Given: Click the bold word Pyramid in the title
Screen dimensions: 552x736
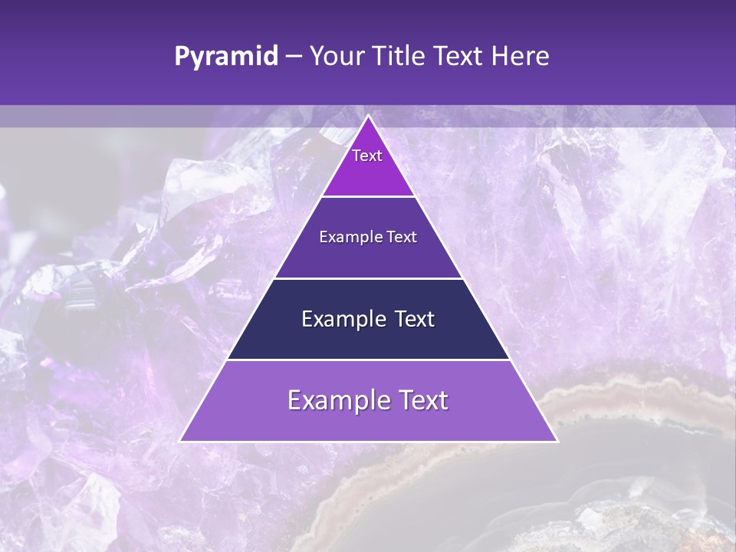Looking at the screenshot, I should [226, 56].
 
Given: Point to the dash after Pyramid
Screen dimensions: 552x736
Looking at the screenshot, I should [294, 57].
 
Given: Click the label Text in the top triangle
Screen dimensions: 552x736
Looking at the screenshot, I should [367, 156].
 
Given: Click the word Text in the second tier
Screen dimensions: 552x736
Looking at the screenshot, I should [402, 237].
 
